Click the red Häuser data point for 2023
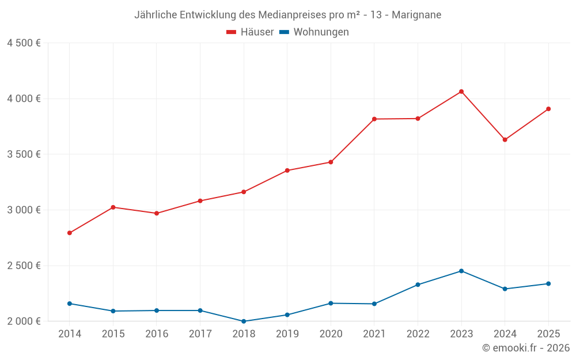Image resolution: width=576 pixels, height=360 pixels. click(461, 92)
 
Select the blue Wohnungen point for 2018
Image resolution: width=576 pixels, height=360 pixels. click(244, 321)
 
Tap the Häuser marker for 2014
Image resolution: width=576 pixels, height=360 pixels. click(70, 233)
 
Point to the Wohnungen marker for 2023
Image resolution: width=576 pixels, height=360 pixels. click(461, 271)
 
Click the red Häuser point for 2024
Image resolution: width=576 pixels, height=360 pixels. click(505, 140)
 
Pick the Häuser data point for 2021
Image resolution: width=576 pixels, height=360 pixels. click(374, 119)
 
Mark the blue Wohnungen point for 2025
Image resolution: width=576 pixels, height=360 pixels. click(548, 283)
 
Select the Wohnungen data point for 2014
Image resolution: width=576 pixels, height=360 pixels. click(70, 304)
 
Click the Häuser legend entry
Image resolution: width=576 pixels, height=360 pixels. click(250, 32)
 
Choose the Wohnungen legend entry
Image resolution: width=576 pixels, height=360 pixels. click(314, 32)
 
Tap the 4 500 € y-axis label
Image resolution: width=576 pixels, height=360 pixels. click(24, 43)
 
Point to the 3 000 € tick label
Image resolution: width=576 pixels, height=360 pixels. click(24, 210)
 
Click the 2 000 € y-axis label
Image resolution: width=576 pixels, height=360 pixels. click(24, 321)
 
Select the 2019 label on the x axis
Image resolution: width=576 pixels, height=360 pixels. click(287, 334)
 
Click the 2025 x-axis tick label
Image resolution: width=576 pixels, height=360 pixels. click(548, 334)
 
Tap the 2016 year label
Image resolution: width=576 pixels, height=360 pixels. click(157, 334)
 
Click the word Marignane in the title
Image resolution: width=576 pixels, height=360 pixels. click(416, 15)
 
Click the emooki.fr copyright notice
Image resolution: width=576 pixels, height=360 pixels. click(526, 348)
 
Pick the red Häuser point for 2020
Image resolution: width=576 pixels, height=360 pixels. click(331, 162)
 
